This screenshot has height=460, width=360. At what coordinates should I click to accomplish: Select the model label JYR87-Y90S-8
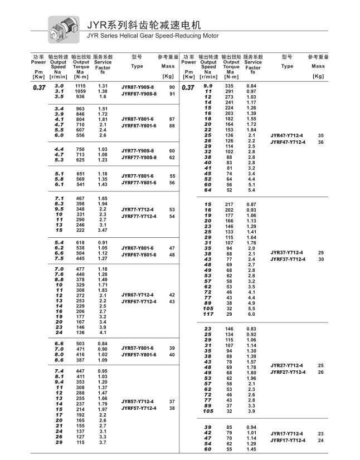[x=138, y=87]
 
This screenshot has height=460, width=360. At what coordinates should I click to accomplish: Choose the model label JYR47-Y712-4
[x=286, y=135]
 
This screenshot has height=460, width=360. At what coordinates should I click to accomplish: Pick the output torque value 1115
[x=80, y=86]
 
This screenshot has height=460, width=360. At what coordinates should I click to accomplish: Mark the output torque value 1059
[x=80, y=91]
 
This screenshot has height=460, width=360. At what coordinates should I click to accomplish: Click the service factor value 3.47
[x=103, y=230]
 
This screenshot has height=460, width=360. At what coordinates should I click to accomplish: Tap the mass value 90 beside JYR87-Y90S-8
[x=172, y=87]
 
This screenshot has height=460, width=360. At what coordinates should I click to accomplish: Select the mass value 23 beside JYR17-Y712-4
[x=320, y=433]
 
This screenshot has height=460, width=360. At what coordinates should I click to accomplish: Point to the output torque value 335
[x=229, y=86]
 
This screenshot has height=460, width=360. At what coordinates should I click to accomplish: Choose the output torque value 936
[x=80, y=96]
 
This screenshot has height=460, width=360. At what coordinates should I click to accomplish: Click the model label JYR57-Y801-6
[x=138, y=348]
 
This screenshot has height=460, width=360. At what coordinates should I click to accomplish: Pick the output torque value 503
[x=80, y=344]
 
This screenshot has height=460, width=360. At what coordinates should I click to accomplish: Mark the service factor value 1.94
[x=103, y=204]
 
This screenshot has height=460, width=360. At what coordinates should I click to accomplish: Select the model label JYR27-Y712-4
[x=286, y=365]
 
